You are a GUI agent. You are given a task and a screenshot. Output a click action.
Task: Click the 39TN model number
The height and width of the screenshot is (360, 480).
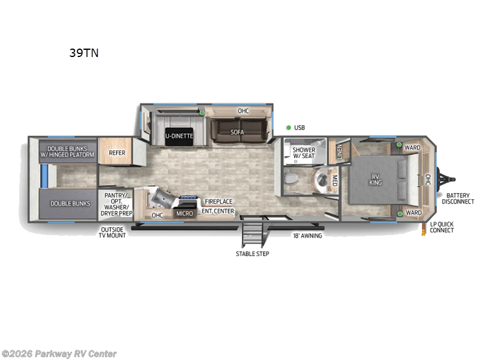[83, 53]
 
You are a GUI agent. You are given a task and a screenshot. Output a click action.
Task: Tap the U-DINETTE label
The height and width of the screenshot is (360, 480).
[179, 136]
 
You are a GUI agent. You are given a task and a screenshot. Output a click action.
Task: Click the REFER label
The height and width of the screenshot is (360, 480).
[116, 152]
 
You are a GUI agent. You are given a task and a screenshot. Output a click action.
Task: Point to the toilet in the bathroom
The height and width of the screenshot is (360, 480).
[292, 179]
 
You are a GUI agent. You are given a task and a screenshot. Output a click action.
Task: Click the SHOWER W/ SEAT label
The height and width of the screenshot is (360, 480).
[304, 154]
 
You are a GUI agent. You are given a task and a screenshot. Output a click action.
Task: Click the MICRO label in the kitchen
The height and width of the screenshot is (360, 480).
[184, 214]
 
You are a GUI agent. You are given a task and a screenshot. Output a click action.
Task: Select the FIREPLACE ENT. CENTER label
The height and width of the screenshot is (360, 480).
[217, 206]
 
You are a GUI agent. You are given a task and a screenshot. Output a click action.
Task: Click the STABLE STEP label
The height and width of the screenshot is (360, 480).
[252, 254]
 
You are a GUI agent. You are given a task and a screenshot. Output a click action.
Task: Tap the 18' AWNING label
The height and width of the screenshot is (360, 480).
[307, 236]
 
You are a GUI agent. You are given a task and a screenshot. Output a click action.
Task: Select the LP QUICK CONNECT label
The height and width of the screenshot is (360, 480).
[442, 227]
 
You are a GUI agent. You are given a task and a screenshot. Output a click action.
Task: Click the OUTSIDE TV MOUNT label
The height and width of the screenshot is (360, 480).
[112, 232]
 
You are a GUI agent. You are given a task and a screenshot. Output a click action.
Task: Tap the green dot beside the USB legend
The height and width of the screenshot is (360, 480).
[289, 127]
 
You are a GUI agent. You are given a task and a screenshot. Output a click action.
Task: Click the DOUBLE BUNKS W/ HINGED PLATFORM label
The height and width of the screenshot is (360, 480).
[68, 151]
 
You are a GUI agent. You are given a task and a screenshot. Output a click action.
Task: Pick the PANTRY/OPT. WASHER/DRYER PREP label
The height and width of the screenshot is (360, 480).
[118, 203]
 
